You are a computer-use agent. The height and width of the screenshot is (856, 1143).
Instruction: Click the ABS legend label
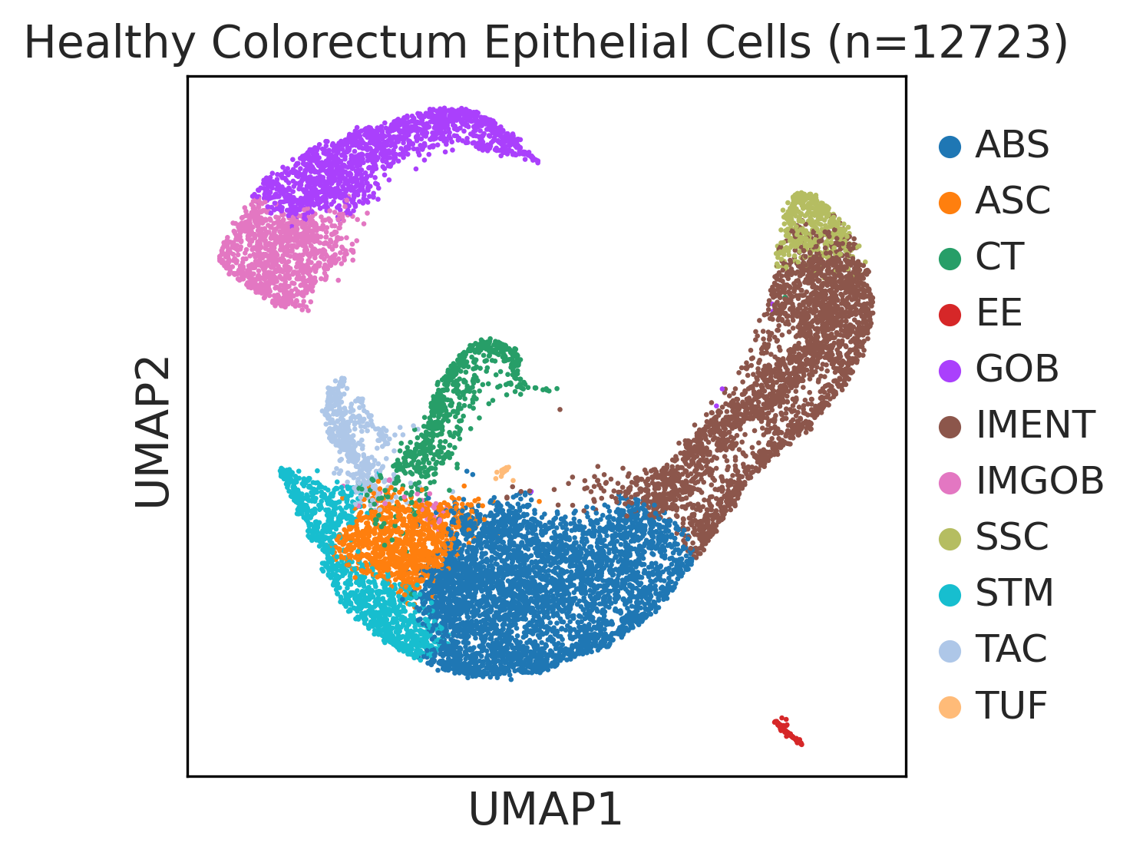1011,145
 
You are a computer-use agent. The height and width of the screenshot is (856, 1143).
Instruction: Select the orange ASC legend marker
950,203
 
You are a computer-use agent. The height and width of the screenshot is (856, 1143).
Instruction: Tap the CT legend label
999,257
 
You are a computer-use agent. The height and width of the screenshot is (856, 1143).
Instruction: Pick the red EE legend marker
950,315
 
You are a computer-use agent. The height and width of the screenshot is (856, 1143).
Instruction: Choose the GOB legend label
1016,369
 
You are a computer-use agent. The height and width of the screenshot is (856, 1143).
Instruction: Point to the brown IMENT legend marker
950,427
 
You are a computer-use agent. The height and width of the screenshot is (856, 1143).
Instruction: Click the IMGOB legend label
1039,481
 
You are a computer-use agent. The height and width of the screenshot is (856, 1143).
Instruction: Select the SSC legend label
1011,537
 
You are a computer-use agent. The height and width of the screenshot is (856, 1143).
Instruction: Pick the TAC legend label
1011,649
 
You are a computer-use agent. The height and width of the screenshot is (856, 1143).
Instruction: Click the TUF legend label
1011,706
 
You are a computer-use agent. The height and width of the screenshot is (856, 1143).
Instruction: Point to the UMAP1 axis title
545,810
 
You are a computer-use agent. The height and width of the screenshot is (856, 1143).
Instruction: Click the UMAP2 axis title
153,431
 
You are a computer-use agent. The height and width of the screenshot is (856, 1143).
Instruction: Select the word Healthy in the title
110,44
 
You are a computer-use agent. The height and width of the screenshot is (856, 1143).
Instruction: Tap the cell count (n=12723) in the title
948,44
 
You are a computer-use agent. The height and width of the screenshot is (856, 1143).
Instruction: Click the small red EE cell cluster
788,731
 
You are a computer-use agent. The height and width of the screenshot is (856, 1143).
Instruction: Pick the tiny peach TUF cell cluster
503,472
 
